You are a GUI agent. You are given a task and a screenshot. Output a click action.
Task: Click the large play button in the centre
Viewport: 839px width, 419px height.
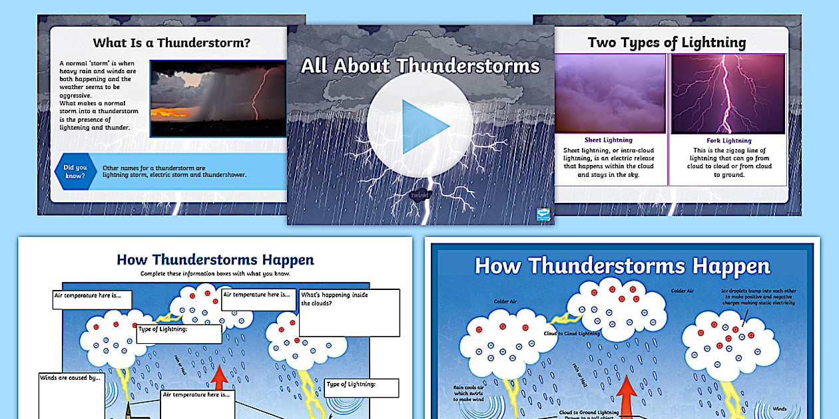419,126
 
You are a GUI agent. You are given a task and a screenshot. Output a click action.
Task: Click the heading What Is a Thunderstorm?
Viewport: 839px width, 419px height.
172,43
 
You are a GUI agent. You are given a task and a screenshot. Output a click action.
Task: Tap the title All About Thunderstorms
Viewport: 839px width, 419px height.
420,65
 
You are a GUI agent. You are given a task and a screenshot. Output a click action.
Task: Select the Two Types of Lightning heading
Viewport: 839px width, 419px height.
667,43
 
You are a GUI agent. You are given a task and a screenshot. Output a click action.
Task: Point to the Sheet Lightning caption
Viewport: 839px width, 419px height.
608,140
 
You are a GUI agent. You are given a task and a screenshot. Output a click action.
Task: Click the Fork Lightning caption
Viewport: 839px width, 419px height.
728,140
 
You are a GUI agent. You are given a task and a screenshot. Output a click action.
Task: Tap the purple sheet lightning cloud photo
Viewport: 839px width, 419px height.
610,94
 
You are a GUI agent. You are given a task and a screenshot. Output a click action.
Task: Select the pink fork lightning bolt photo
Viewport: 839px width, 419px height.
728,94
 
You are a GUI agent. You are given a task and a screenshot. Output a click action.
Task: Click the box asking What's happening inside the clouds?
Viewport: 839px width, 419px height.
349,312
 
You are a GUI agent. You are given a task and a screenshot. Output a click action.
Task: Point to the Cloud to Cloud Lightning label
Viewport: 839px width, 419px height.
571,333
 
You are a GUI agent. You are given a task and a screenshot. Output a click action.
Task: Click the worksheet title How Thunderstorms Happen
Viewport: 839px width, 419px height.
215,259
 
